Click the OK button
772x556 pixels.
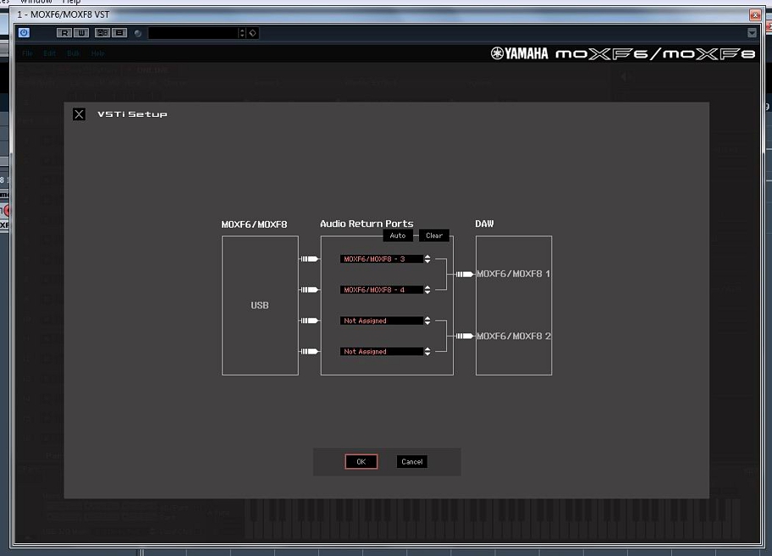361,461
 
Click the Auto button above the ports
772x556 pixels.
397,235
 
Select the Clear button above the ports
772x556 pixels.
434,235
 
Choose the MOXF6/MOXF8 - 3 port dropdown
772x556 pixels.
381,259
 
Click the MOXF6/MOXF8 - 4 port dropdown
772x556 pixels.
381,289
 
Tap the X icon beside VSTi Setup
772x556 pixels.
79,114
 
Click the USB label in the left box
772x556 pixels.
260,306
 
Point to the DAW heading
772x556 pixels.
484,224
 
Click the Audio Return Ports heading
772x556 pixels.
367,224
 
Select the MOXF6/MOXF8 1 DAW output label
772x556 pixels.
513,274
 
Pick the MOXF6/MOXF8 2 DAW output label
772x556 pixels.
513,336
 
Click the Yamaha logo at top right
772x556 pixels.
519,53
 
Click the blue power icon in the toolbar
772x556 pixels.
24,32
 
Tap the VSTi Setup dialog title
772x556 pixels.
132,114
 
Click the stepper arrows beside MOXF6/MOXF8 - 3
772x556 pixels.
427,259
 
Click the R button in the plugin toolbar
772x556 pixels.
63,33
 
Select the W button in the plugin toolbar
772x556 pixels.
81,33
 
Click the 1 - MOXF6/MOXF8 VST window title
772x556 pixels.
63,14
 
